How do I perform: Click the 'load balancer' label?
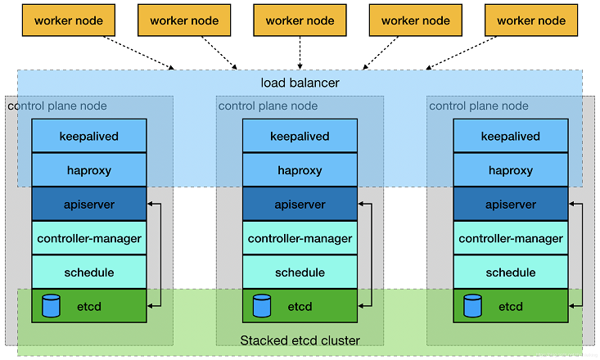300,83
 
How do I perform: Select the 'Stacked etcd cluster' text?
300,340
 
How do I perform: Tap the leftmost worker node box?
68,21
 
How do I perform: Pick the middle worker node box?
300,21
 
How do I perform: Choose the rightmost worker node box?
531,21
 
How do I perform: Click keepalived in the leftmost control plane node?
89,136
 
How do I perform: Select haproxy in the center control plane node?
300,170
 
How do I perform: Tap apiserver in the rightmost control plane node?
511,205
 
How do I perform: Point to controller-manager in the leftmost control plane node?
89,238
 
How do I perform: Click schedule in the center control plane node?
300,272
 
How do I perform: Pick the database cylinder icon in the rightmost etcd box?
472,306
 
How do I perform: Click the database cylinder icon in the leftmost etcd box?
52,306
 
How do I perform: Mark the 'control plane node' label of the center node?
268,106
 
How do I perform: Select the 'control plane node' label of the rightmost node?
479,106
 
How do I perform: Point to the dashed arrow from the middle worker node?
300,52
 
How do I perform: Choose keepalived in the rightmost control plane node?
511,136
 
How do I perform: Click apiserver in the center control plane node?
300,205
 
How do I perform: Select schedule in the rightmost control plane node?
511,272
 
